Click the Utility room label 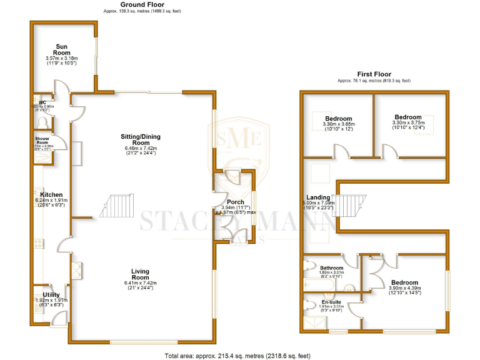pos(51,294)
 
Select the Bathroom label pos(332,267)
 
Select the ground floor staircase pos(116,206)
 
